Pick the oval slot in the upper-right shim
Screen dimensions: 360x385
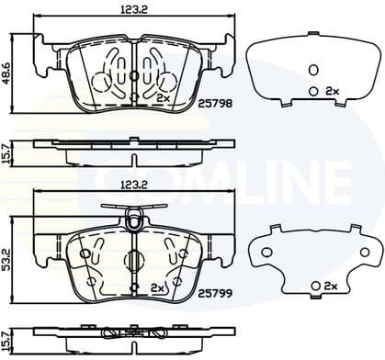click(312, 70)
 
